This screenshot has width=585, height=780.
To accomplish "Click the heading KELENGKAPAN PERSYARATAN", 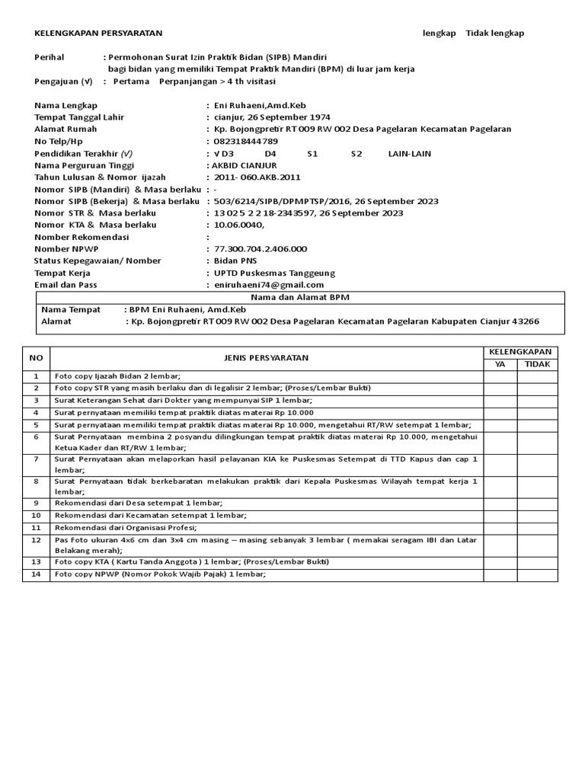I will coord(98,33).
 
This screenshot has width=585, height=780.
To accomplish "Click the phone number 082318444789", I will coord(246,141).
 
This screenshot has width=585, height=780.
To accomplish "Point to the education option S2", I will coord(356,153).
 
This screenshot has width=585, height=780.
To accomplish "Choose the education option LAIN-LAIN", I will coord(409,153).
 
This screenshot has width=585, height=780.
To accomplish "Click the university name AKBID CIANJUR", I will coord(246,165).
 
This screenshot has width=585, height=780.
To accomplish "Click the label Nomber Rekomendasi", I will coord(82,237).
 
